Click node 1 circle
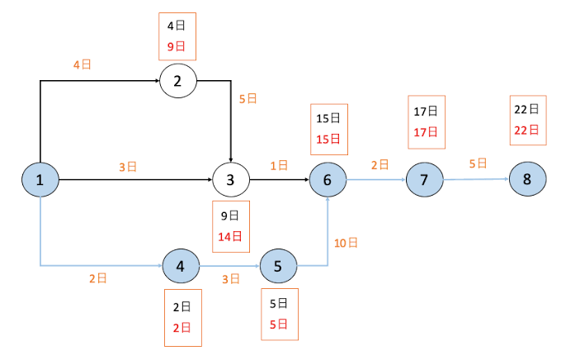point(40,180)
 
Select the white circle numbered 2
point(178,81)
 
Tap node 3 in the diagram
point(231,180)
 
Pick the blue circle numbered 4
point(181,266)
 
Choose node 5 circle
point(278,266)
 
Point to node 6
point(328,180)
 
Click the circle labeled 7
point(425,180)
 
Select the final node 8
point(527,179)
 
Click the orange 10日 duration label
point(346,243)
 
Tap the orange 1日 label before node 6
point(279,166)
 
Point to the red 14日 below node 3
point(229,236)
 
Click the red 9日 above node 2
point(176,46)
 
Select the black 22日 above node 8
point(526,109)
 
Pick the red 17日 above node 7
point(426,132)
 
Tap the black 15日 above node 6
point(328,118)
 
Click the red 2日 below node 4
point(182,328)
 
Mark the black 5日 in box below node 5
point(279,304)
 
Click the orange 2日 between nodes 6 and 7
point(380,165)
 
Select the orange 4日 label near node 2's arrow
point(83,64)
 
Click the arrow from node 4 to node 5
point(229,266)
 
